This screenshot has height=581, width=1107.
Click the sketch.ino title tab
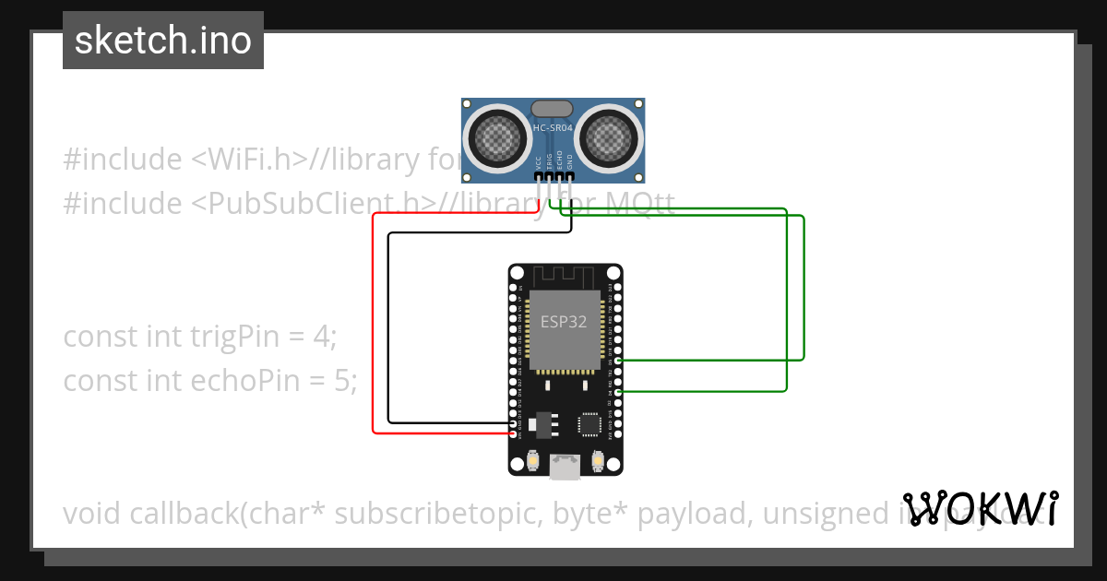[163, 41]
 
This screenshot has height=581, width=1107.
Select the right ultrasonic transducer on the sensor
[607, 139]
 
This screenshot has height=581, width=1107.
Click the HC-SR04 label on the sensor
[553, 128]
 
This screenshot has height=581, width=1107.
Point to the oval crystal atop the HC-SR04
[553, 109]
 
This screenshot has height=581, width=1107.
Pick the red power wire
[374, 323]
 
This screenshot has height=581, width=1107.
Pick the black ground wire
[389, 323]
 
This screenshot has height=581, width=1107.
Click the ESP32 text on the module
[564, 322]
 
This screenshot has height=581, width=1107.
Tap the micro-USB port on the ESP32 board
[565, 467]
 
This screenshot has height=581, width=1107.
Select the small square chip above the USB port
[589, 424]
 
